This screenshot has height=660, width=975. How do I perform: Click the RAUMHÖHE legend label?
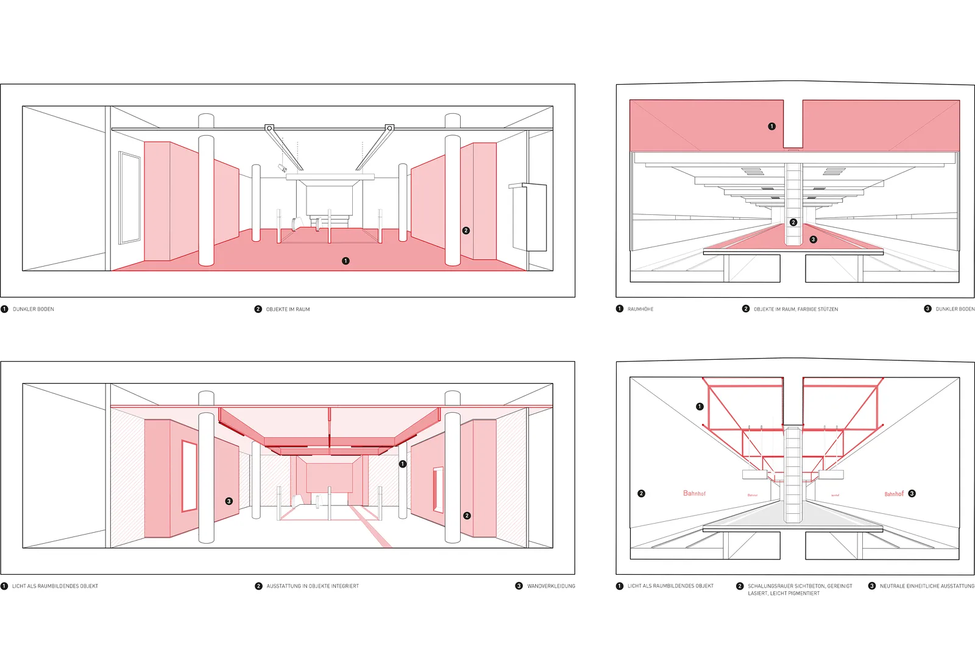640,309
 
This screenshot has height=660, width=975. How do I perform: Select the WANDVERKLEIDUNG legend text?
551,586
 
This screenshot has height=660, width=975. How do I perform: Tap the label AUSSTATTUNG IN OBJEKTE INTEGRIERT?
313,586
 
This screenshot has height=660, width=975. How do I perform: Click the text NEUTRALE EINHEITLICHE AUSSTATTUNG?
927,586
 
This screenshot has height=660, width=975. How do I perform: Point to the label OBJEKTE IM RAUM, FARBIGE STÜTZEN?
796,309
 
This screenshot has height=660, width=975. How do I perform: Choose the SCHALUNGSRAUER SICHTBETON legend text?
800,586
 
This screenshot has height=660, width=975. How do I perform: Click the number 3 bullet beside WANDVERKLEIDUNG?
519,586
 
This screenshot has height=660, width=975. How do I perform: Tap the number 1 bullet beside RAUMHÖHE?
620,309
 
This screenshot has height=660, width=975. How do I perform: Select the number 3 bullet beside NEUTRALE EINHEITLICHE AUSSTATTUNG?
872,586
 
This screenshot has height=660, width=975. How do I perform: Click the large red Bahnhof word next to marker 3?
894,494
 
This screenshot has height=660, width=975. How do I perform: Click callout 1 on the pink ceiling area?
771,127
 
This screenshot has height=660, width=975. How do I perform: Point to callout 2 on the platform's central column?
793,222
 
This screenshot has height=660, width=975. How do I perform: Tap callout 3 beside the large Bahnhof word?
912,494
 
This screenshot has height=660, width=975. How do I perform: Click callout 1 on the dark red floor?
346,261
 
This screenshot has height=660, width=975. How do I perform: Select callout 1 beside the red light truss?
700,407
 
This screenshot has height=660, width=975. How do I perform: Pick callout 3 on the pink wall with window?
229,502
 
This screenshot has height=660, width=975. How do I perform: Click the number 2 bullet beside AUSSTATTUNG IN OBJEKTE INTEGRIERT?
258,586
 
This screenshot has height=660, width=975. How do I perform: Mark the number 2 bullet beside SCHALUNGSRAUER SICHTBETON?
740,586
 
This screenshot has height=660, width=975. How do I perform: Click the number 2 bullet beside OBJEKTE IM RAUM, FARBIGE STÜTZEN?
746,309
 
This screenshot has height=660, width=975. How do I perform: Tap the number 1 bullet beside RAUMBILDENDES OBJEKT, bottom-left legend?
4,586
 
